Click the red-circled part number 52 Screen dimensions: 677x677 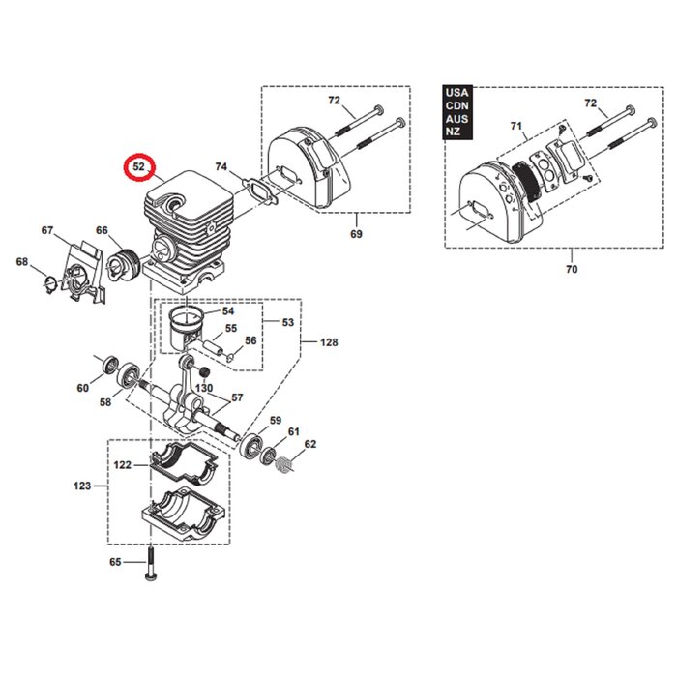pyautogui.click(x=138, y=166)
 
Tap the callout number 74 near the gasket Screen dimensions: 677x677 pyautogui.click(x=221, y=167)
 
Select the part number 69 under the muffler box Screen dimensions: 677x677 pyautogui.click(x=356, y=235)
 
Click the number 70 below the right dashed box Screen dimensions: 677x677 pyautogui.click(x=571, y=269)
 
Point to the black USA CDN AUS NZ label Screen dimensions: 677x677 pyautogui.click(x=456, y=111)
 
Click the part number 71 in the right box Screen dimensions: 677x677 pyautogui.click(x=515, y=127)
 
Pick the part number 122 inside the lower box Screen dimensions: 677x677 pyautogui.click(x=123, y=465)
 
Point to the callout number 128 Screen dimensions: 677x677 pyautogui.click(x=330, y=342)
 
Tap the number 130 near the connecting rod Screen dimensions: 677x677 pyautogui.click(x=204, y=388)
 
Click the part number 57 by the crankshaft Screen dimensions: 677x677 pyautogui.click(x=237, y=397)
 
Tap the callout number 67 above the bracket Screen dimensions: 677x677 pyautogui.click(x=47, y=230)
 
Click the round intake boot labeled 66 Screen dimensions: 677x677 pyautogui.click(x=124, y=264)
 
